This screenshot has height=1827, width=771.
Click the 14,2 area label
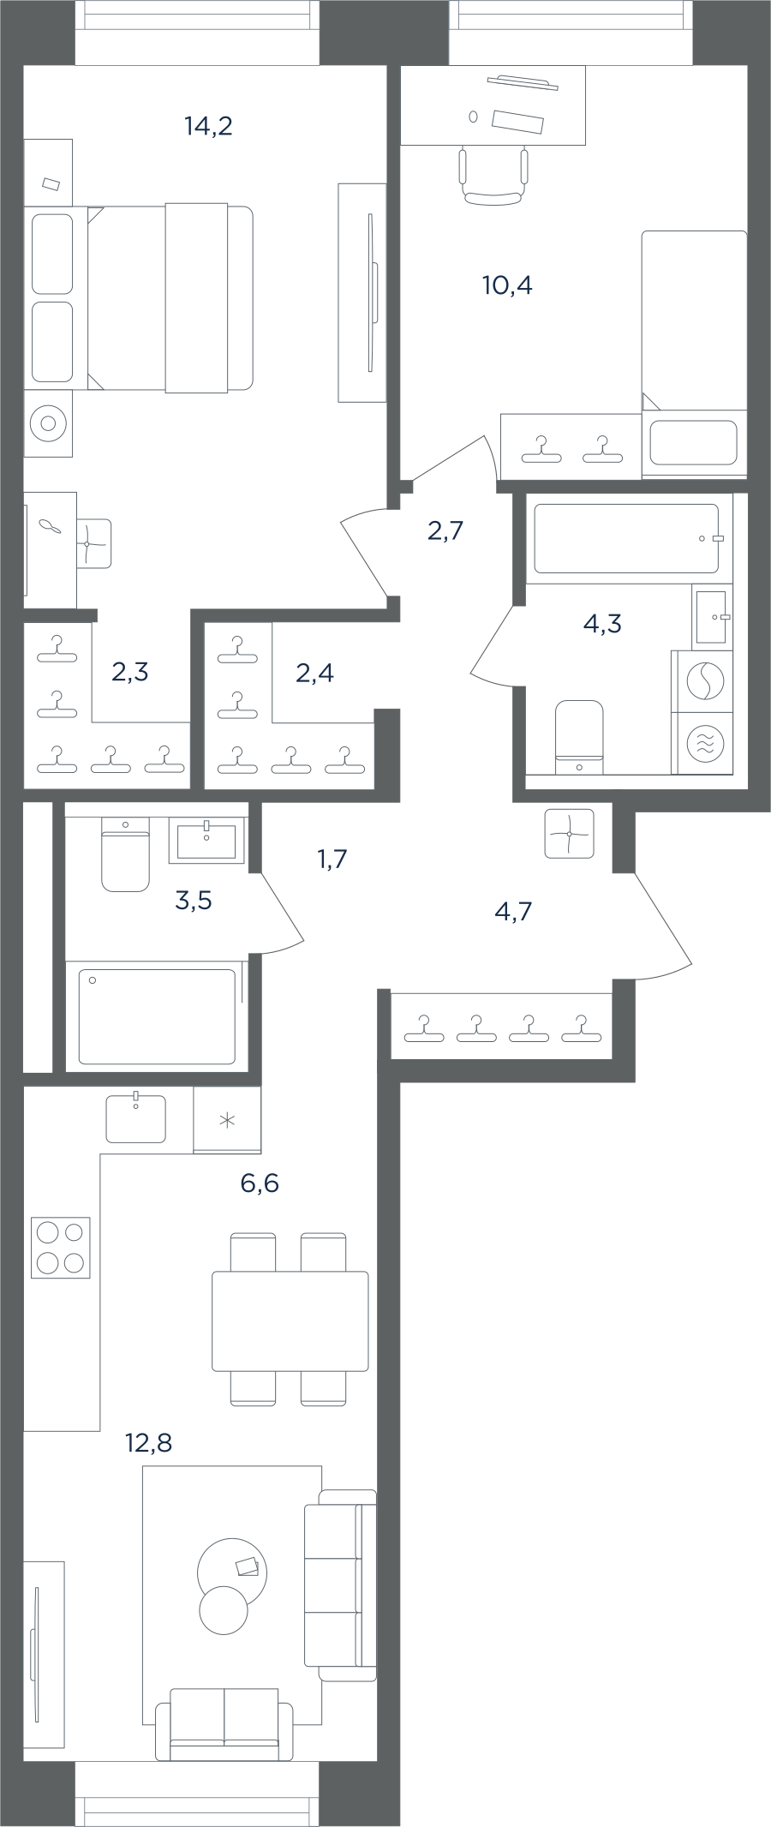(x=208, y=127)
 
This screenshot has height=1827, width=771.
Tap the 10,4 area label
(x=507, y=285)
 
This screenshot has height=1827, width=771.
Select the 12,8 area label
(x=149, y=1443)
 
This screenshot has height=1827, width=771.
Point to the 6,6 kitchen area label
(x=260, y=1183)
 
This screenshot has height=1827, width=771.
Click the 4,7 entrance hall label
(x=513, y=911)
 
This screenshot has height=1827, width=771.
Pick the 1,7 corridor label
(x=332, y=859)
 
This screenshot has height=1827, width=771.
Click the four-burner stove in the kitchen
(x=61, y=1248)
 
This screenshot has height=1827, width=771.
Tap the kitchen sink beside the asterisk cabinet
(x=136, y=1118)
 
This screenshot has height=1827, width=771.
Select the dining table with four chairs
(x=290, y=1320)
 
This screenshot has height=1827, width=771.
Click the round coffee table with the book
(x=231, y=1573)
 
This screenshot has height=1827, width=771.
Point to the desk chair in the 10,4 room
(x=493, y=176)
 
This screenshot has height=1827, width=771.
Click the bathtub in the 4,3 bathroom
(x=626, y=538)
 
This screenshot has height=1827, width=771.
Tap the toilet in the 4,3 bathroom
(x=580, y=736)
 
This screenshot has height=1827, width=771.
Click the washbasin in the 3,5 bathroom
(x=206, y=839)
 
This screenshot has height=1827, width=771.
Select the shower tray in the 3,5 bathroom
(x=157, y=1016)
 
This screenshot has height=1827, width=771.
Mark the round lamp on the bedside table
(x=48, y=423)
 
